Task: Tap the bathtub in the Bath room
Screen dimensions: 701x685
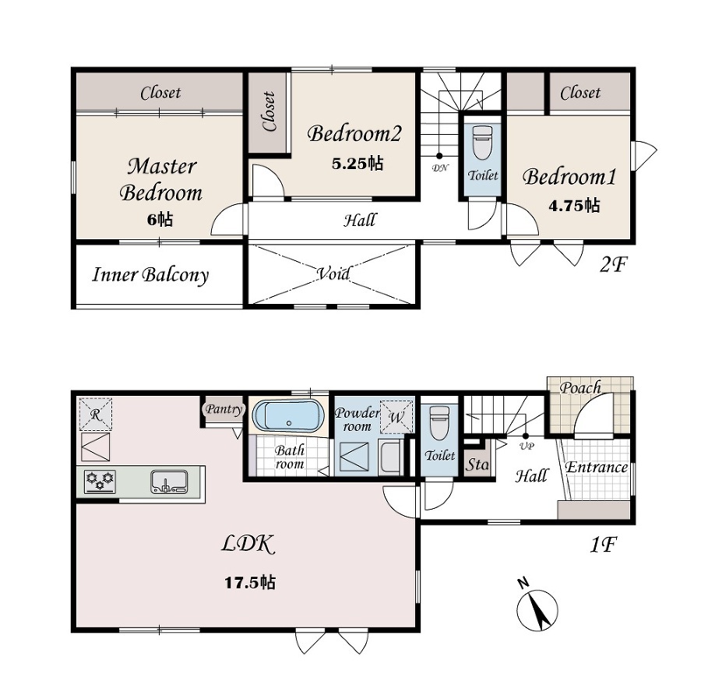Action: pos(288,416)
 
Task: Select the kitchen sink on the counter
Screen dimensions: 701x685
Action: pos(169,482)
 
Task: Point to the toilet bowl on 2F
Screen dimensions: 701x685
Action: pos(482,143)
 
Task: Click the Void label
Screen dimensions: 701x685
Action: pos(333,273)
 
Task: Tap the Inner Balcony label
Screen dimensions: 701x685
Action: pos(150,275)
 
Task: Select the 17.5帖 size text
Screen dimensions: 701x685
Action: pos(249,583)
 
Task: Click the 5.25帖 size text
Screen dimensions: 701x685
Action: pos(358,164)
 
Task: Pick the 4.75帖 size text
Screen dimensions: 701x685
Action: pos(574,206)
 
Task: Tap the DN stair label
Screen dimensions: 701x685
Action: pos(440,168)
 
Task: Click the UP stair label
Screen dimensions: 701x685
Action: pos(527,446)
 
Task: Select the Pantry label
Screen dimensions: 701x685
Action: pos(224,409)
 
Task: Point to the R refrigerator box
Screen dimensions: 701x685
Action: pos(96,415)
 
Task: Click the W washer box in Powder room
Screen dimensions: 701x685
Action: pos(396,417)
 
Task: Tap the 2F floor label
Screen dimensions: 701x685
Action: pos(614,265)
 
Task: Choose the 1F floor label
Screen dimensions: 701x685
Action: pos(604,545)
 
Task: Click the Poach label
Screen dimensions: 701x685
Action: pos(580,387)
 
